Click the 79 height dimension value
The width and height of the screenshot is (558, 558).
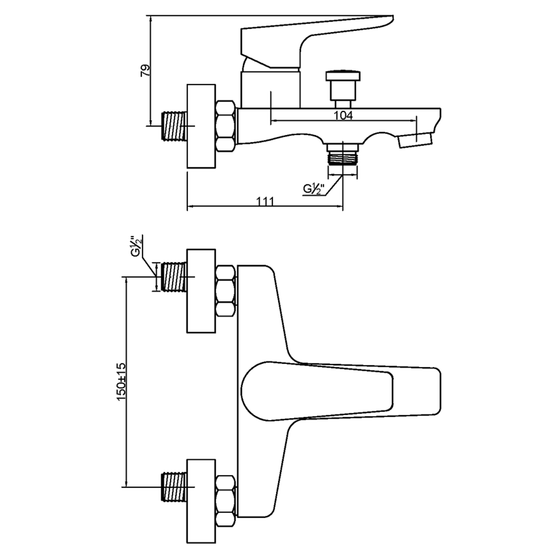(146, 70)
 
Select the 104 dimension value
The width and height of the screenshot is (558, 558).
(343, 116)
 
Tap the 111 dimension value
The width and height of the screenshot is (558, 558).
(265, 202)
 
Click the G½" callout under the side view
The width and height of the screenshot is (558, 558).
(314, 189)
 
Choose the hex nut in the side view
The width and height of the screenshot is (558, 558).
(225, 126)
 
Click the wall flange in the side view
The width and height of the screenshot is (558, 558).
(201, 126)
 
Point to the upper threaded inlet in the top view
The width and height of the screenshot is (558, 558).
(174, 277)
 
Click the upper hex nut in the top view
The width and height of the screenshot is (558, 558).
(225, 292)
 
